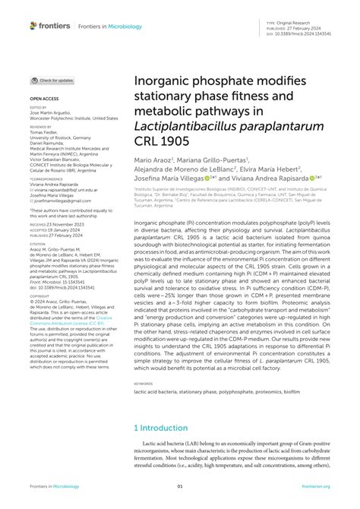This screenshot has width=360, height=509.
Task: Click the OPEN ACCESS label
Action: coord(43,99)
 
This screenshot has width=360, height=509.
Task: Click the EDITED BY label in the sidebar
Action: coord(38,109)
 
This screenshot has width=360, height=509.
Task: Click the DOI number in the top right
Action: coord(311,33)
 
